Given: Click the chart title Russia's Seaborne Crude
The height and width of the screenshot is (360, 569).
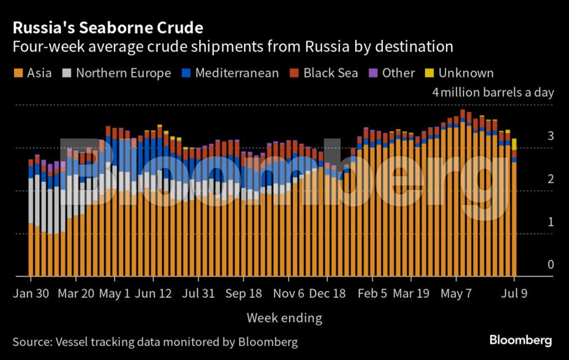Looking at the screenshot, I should click(107, 29).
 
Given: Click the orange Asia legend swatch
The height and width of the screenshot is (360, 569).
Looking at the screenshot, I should click(17, 73).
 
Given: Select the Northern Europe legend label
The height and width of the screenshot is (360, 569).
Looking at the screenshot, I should click(123, 73).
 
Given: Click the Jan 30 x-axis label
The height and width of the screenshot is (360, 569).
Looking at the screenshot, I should click(31, 294).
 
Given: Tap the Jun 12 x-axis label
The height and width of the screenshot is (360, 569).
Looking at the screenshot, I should click(154, 294).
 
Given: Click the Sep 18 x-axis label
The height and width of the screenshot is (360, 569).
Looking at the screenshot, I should click(244, 294).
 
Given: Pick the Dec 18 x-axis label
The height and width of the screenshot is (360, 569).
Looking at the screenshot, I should click(328, 294).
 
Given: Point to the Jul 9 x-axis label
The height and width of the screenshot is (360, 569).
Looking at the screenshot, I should click(514, 294).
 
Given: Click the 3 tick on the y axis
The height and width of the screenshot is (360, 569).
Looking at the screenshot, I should click(551, 136).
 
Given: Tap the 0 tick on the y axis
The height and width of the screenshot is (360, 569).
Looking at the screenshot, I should click(551, 264).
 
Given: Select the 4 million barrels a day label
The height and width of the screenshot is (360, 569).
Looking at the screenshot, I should click(492, 92).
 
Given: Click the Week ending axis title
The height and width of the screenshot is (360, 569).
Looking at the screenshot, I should click(284, 318).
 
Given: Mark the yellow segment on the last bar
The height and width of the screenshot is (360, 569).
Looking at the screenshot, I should click(514, 144).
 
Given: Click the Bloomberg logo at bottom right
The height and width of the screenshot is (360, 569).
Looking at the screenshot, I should click(520, 340).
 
